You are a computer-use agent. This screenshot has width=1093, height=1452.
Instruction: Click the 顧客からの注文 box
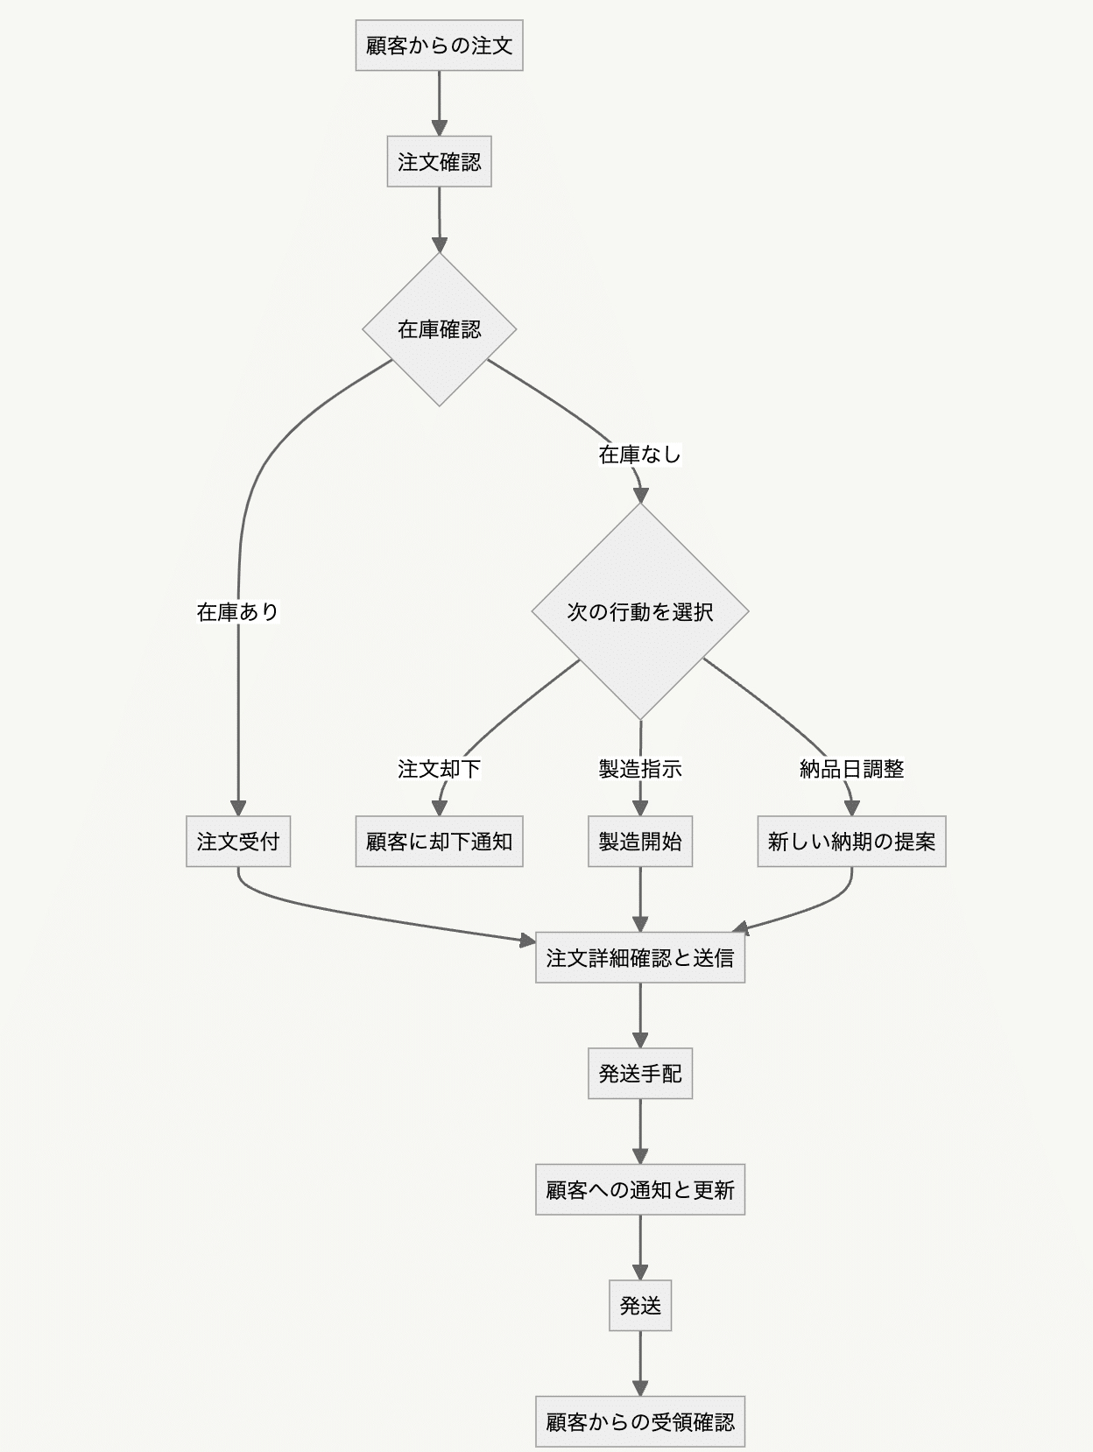(x=439, y=46)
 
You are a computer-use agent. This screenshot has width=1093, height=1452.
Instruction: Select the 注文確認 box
(x=439, y=162)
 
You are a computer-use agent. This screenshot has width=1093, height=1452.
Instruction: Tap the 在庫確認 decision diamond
(x=439, y=329)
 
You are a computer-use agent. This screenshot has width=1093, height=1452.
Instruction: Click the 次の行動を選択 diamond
(x=640, y=611)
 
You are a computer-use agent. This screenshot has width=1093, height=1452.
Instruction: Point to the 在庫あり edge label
(x=237, y=611)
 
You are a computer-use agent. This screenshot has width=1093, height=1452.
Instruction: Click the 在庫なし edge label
(x=639, y=454)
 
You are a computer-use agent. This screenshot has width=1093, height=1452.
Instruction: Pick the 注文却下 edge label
(x=439, y=769)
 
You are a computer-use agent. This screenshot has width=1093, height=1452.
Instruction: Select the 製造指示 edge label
(x=640, y=769)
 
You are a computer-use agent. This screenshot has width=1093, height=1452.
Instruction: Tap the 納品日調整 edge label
(x=851, y=769)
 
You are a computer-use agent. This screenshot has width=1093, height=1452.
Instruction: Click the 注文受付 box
(x=238, y=842)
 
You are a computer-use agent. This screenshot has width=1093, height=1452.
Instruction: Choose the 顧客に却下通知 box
(x=439, y=842)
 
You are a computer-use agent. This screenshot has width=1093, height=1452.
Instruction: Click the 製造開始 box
(x=640, y=842)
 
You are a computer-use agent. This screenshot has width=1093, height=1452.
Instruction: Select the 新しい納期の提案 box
(x=851, y=842)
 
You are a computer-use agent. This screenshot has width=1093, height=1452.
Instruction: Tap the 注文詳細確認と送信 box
(x=640, y=958)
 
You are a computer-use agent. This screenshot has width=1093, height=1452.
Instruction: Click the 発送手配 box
(x=640, y=1074)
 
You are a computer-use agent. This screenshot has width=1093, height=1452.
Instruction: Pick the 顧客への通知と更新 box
(x=640, y=1190)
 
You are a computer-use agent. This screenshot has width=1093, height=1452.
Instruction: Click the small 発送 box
(x=640, y=1306)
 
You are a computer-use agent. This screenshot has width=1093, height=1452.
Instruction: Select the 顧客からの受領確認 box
(x=640, y=1422)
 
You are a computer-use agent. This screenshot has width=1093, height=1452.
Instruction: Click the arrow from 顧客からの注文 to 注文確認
(x=439, y=103)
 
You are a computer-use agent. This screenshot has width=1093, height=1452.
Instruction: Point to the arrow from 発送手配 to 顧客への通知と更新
(x=640, y=1131)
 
